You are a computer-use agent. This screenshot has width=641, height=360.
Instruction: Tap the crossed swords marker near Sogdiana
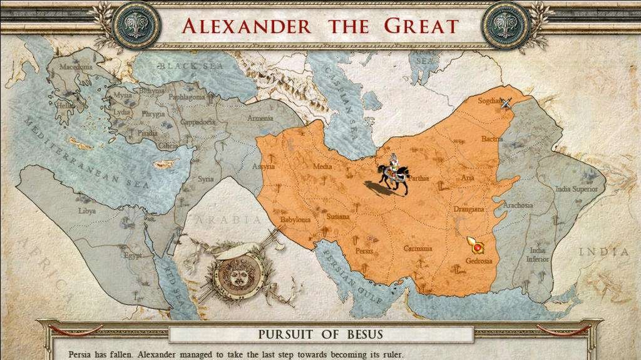click(506, 103)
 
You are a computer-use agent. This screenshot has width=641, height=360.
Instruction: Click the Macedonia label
click(76, 67)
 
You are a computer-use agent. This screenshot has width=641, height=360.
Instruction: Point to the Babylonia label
click(295, 220)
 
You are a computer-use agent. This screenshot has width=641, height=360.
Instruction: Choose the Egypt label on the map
click(133, 255)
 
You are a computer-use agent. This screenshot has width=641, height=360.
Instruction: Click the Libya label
click(87, 211)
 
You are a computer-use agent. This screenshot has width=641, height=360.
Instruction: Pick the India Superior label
click(577, 189)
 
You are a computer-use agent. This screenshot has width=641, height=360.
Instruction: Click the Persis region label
click(364, 250)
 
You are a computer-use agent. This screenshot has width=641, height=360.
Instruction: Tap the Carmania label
click(418, 249)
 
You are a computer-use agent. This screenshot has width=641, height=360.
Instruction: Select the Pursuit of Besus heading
click(320, 334)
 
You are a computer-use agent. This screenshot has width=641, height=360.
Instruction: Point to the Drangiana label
click(469, 209)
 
